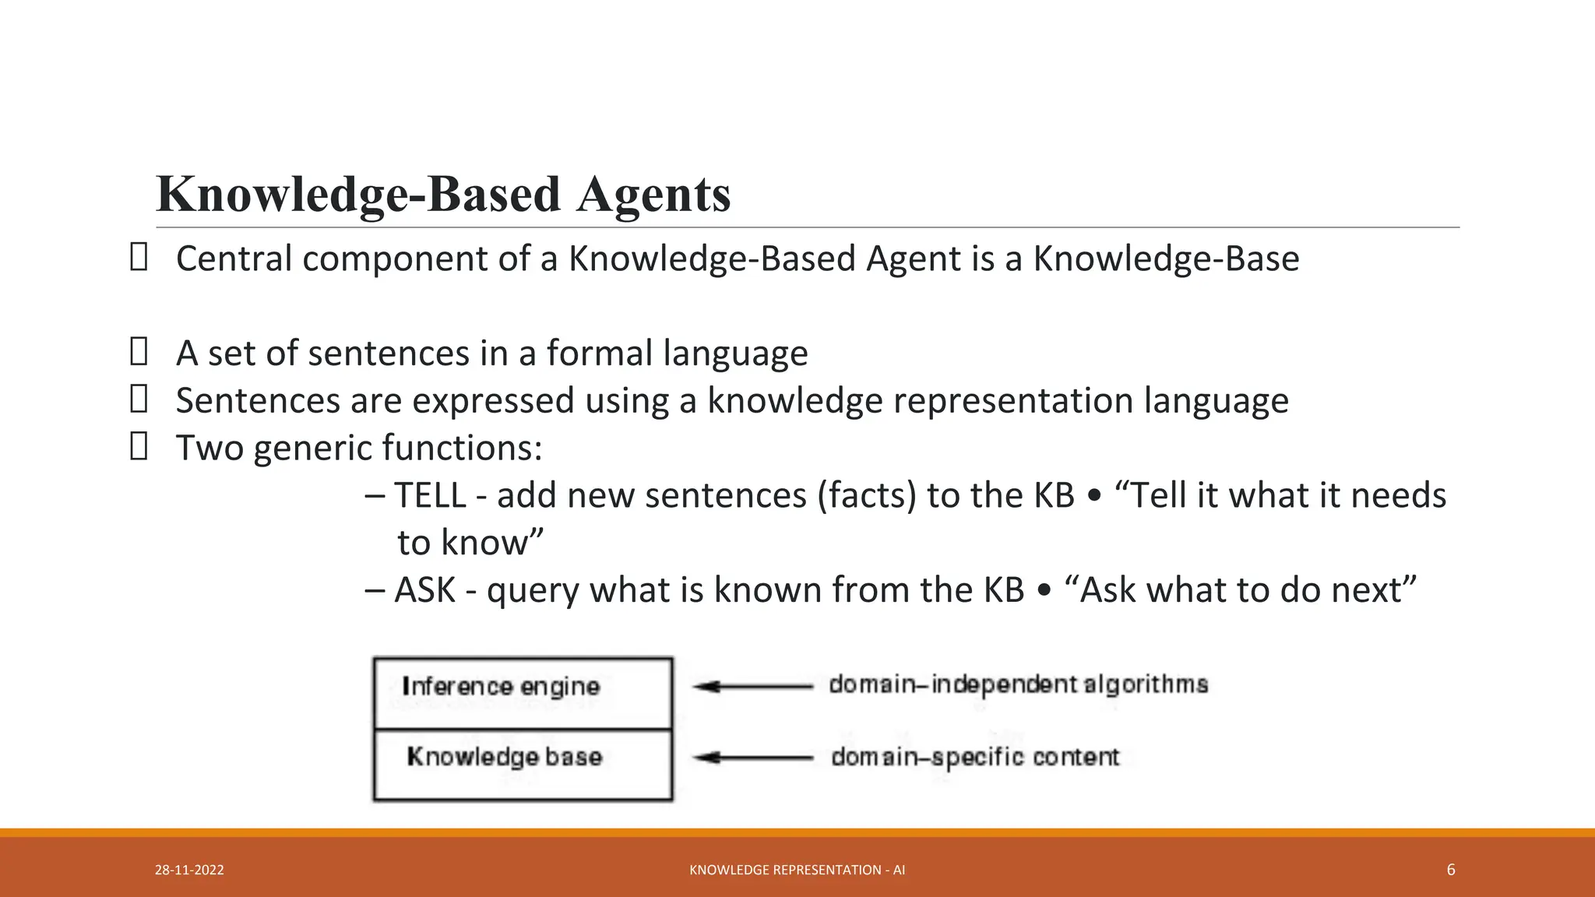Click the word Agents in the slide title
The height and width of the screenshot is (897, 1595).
pyautogui.click(x=653, y=195)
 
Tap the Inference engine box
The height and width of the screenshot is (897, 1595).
pyautogui.click(x=523, y=693)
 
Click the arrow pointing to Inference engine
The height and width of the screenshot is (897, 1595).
pyautogui.click(x=752, y=686)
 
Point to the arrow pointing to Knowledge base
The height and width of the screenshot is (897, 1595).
pyautogui.click(x=752, y=757)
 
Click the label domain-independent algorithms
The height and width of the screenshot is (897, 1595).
pyautogui.click(x=1018, y=684)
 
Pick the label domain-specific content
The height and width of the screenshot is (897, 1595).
pyautogui.click(x=974, y=757)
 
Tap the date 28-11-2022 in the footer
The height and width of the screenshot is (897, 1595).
pyautogui.click(x=189, y=870)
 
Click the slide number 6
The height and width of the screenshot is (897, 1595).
pyautogui.click(x=1450, y=870)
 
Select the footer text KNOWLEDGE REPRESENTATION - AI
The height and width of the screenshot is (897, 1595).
pyautogui.click(x=797, y=870)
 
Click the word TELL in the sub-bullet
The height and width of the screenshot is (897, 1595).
pyautogui.click(x=430, y=496)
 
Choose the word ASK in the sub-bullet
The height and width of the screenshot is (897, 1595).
pyautogui.click(x=424, y=590)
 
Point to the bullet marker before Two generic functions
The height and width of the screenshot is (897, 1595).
pyautogui.click(x=139, y=447)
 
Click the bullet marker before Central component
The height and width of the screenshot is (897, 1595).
pyautogui.click(x=139, y=257)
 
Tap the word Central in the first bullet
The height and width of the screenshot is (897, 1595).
pyautogui.click(x=234, y=259)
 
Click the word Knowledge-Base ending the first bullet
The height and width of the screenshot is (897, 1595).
pyautogui.click(x=1166, y=259)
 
